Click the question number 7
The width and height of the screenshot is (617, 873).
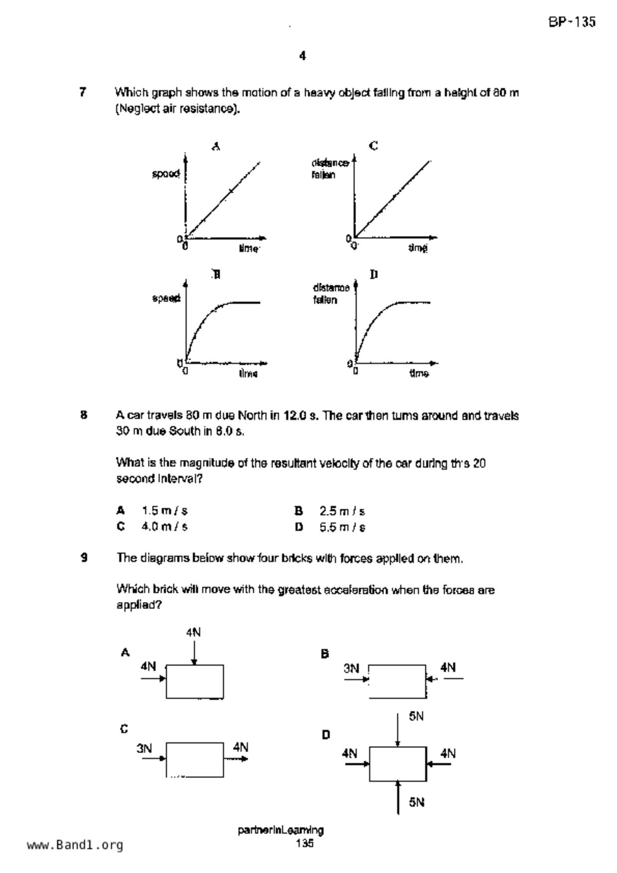coord(83,92)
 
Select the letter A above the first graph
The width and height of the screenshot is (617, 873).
coord(216,146)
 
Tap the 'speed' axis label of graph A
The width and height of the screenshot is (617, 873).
coord(166,174)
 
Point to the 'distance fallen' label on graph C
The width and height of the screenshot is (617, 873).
coord(329,169)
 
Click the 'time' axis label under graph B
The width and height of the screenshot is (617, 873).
coord(248,373)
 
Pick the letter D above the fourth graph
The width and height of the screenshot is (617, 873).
coord(374,274)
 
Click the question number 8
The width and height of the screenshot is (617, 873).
coord(84,415)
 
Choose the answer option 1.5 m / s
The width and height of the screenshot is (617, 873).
coord(164,511)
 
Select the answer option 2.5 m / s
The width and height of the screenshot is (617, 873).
coord(342,511)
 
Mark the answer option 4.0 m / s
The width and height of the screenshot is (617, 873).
coord(164,527)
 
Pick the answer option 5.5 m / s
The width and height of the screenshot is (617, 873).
coord(342,527)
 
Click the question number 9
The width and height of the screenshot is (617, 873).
coord(84,558)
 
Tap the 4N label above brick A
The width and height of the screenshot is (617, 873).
coord(193,633)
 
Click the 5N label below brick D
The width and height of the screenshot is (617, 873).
coord(417,802)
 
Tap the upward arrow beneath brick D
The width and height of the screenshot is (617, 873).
coord(398,797)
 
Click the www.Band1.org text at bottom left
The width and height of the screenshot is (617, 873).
coord(75,845)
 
